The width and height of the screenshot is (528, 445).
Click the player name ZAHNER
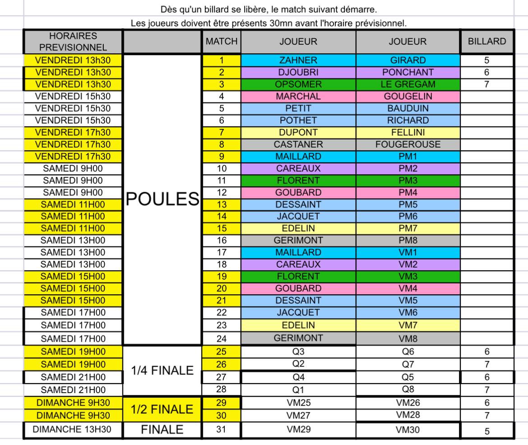298,60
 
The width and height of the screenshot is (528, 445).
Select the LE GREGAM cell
408,84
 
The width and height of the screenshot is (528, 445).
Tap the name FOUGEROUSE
408,145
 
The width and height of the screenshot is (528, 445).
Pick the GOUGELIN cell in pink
408,96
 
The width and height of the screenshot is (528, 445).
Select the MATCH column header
222,42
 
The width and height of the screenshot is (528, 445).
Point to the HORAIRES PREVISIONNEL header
73,42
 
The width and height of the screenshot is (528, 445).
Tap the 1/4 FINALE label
162,371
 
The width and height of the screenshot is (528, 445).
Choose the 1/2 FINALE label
162,409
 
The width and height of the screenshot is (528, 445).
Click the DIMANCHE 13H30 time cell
73,430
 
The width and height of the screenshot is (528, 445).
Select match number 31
221,430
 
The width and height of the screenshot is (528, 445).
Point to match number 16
221,241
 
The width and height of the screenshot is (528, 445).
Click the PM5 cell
408,204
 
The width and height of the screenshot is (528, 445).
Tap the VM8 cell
408,338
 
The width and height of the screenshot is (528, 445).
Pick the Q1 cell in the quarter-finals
298,389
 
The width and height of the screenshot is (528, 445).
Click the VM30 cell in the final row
408,431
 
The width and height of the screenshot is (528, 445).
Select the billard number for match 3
486,84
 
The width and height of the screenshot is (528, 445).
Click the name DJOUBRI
298,72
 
